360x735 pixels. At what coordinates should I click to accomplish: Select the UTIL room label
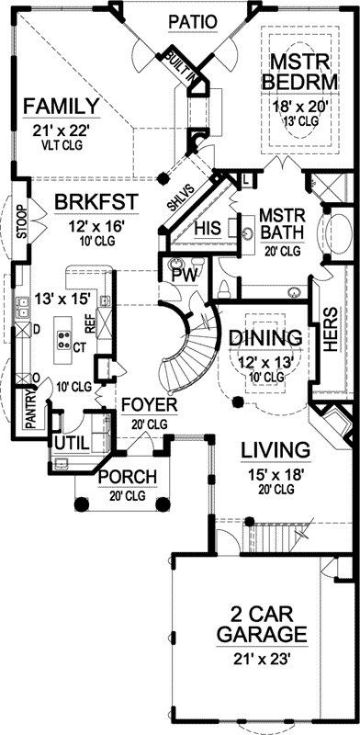[x=73, y=443]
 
